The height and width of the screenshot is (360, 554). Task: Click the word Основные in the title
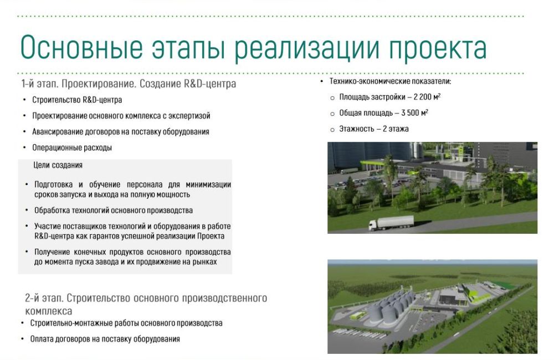[82, 47]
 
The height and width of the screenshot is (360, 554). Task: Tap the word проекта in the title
[438, 49]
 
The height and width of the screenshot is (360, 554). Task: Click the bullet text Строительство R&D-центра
[77, 100]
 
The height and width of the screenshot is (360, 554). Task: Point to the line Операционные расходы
[72, 148]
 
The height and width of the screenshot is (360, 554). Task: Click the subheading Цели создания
[58, 166]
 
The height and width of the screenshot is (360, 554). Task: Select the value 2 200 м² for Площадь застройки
[427, 97]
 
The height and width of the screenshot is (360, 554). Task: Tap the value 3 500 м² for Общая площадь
[415, 113]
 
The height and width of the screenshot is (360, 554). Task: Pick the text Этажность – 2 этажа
[374, 129]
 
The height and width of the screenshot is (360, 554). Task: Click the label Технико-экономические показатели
[391, 81]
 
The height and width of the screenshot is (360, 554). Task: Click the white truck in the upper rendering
[391, 223]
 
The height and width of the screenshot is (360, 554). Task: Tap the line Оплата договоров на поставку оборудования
[105, 339]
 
